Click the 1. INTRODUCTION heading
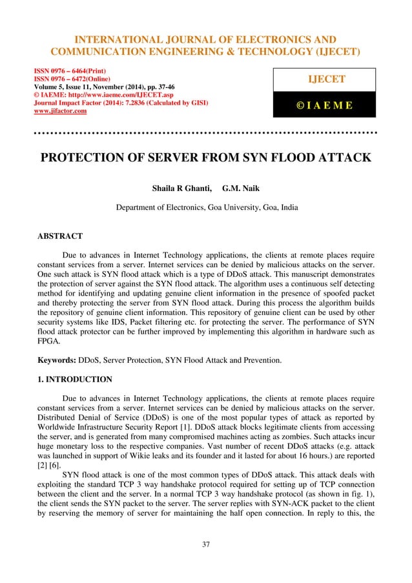pos(77,361)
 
